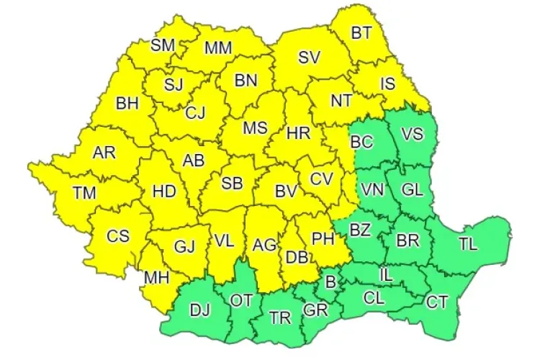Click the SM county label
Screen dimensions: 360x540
coord(163,45)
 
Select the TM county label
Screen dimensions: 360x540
coord(85,192)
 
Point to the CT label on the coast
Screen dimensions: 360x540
coord(437,302)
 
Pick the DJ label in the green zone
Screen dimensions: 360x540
coord(201,310)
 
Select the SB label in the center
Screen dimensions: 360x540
coord(231,184)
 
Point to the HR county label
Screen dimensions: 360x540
coord(297,133)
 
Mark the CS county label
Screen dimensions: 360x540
coord(118,235)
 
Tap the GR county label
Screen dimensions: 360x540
coord(314,310)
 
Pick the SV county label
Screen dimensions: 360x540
coord(309,57)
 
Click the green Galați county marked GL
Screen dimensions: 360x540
coord(413,190)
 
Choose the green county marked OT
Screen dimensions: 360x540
coord(240,300)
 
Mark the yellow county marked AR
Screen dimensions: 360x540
coord(104,153)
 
